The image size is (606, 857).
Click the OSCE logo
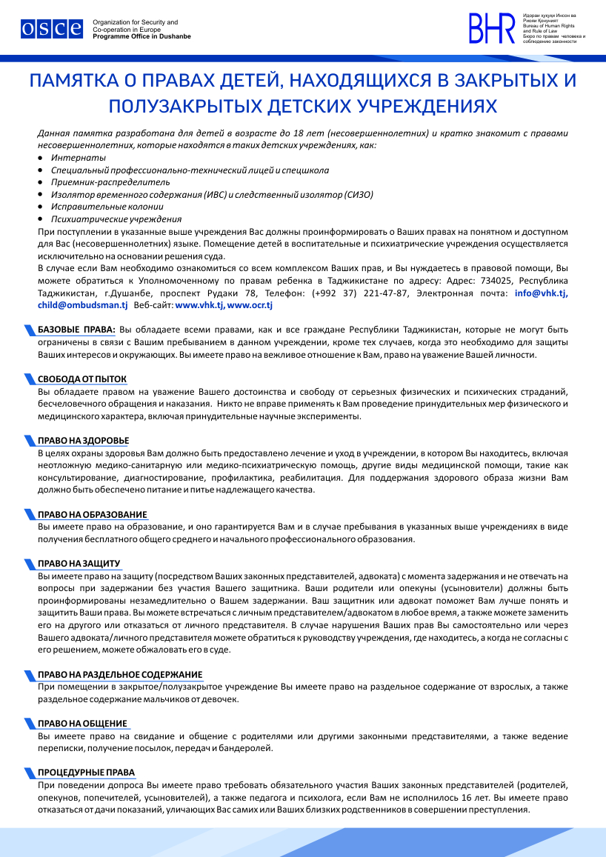51,29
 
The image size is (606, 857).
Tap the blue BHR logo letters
491,29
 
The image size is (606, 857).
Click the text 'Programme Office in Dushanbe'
141,36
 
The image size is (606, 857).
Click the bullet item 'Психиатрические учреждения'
116,219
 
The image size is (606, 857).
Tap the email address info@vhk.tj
542,293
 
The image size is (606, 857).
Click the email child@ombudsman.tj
83,305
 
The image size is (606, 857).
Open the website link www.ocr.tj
250,305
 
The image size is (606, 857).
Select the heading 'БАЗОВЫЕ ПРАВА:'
76,329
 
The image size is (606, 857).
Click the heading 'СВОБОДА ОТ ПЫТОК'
82,378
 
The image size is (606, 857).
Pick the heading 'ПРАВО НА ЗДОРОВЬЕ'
83,441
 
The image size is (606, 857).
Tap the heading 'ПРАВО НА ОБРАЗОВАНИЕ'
92,515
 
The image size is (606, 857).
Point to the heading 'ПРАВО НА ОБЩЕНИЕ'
82,724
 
